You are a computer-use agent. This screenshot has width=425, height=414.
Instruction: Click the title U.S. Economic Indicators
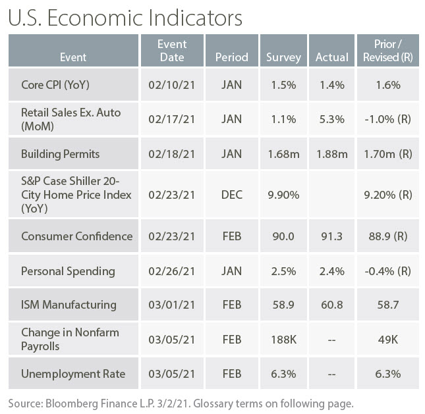coord(125,16)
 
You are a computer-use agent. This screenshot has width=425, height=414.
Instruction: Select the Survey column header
coord(283,57)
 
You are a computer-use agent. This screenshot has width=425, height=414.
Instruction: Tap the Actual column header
coord(331,57)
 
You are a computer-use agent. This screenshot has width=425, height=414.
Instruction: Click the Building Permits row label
coord(60,154)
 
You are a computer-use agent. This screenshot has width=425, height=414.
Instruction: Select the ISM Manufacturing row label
coord(69,305)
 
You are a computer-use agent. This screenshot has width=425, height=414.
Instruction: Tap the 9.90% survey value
coord(283,195)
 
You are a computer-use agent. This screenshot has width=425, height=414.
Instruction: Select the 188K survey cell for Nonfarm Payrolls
coord(283,340)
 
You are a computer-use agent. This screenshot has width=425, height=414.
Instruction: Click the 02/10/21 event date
coord(173,85)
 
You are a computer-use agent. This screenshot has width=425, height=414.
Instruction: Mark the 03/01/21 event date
coord(173,305)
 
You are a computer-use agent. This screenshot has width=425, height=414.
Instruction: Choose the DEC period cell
coord(232,195)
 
